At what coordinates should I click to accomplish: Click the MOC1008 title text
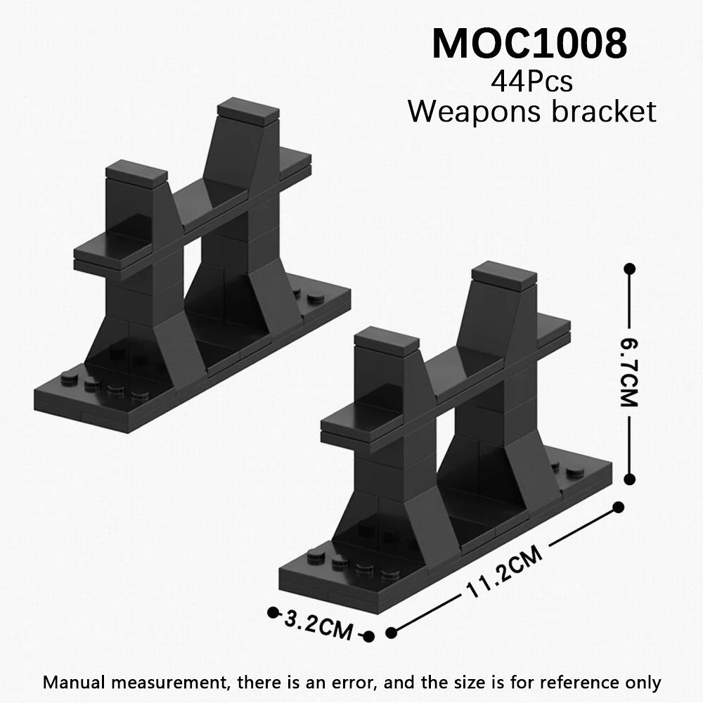529,44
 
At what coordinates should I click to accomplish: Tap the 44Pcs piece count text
531,82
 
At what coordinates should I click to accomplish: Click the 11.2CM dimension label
504,575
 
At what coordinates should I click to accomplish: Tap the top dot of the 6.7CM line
630,269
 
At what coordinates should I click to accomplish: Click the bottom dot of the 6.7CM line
630,478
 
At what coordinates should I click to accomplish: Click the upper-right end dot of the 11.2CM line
619,507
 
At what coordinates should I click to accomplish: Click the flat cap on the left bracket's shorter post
136,171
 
